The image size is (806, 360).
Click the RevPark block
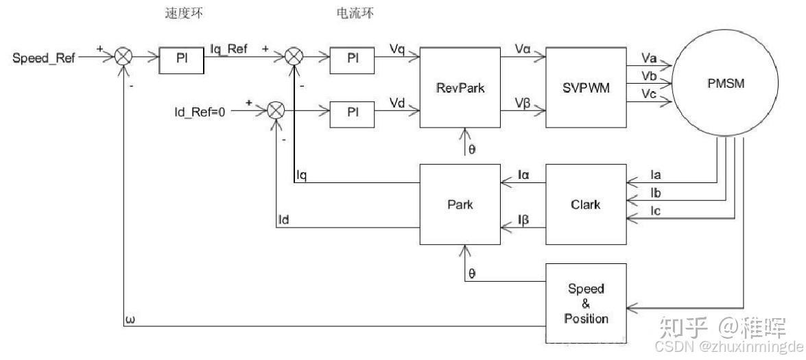(461, 87)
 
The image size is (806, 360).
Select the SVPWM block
(586, 87)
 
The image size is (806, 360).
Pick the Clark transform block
(586, 204)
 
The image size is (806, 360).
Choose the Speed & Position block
(586, 303)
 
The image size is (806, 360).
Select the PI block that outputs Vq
(353, 59)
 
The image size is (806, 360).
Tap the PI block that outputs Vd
(353, 112)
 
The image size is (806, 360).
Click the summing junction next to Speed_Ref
(123, 58)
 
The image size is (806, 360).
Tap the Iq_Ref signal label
(229, 49)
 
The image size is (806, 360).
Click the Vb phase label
(649, 74)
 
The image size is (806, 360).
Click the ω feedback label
(130, 319)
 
